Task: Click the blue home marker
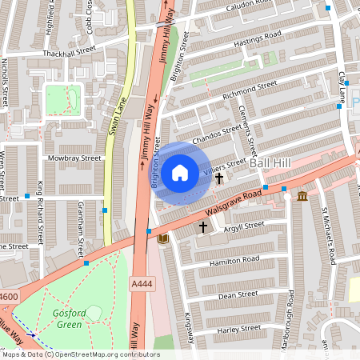pos(180,173)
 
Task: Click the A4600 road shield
pos(8,297)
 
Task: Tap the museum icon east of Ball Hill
pos(302,196)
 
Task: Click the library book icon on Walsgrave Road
pos(163,239)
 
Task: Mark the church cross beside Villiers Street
pos(219,178)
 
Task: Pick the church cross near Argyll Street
pos(203,227)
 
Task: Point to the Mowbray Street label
pos(78,158)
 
